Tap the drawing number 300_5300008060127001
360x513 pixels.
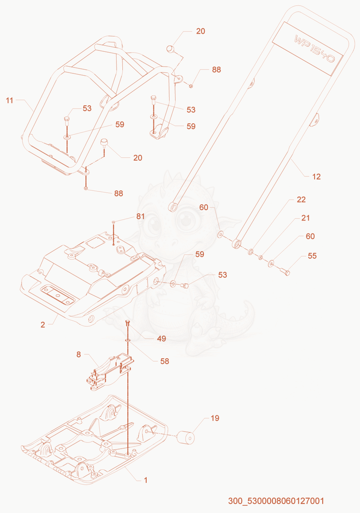tap(276, 501)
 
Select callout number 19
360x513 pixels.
tap(215, 418)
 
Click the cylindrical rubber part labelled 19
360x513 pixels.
tap(185, 438)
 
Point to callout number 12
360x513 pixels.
tap(316, 177)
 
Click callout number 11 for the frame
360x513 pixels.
tap(9, 100)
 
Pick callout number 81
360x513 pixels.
tap(140, 216)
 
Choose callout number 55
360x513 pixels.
tap(312, 256)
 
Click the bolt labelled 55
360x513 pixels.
tap(285, 271)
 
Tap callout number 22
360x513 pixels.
tap(301, 199)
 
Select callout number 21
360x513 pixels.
tap(306, 218)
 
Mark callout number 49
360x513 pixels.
tap(162, 338)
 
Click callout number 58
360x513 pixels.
tap(165, 361)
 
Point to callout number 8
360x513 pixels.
tap(79, 355)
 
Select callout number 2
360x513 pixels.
tap(43, 325)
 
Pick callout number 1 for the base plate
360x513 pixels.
tap(146, 480)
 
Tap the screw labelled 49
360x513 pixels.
tap(128, 324)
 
